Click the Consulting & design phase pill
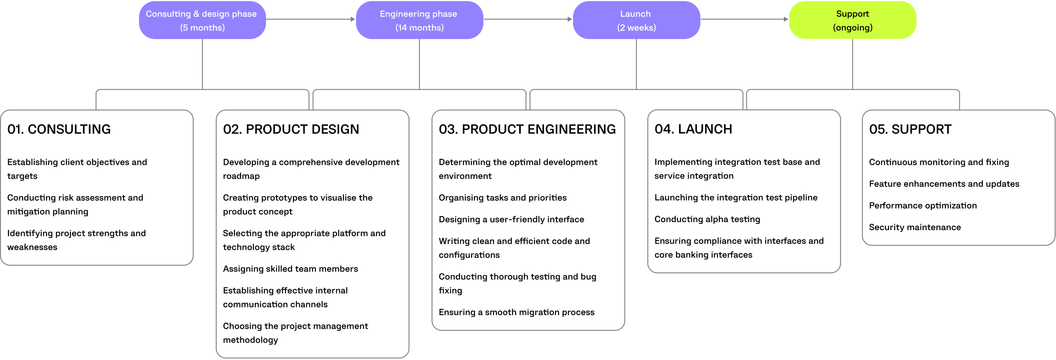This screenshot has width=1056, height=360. point(202,20)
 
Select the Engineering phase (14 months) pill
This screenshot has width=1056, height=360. point(419,20)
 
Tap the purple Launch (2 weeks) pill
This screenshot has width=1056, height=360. point(636,20)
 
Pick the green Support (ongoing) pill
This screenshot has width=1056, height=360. point(852,20)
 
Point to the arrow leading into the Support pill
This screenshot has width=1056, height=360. point(744,19)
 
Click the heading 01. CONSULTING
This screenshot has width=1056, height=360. point(59,129)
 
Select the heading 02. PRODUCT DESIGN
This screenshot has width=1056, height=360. point(291,129)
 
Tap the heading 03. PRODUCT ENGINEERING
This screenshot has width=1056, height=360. point(527,129)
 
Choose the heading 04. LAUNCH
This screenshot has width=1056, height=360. point(693,129)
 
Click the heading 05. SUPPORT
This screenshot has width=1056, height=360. point(910,129)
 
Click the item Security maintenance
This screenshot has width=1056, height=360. point(915,227)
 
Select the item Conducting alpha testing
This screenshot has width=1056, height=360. point(707,219)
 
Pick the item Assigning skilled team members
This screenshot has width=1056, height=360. point(290,268)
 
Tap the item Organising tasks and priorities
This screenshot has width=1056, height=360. point(502,198)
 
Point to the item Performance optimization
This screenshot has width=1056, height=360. point(922,205)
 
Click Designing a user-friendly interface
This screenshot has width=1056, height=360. point(511,219)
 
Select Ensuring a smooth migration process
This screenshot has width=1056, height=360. point(516,312)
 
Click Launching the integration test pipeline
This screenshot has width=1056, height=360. point(735,197)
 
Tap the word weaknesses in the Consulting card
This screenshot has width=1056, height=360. point(32,247)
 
